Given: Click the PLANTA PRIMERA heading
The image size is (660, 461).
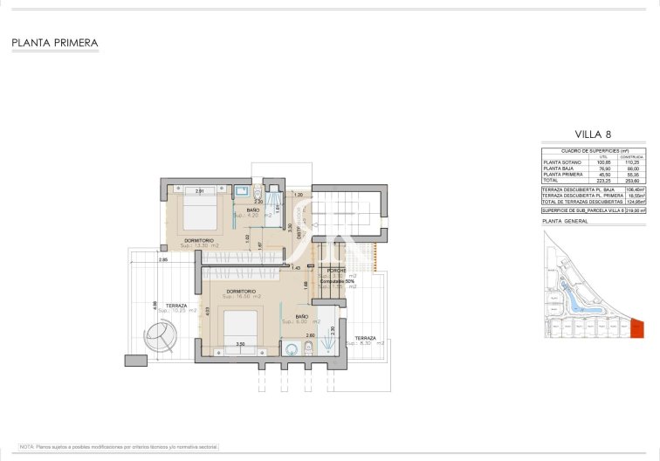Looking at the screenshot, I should click(55, 42).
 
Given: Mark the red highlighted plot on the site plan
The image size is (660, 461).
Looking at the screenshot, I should click(636, 328).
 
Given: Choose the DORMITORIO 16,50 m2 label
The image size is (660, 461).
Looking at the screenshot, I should click(240, 293).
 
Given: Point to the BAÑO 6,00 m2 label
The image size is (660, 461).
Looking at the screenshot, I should click(302, 319).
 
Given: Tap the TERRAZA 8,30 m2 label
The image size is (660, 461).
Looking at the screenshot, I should click(365, 340).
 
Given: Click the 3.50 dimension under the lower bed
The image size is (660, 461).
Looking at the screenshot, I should click(241, 345).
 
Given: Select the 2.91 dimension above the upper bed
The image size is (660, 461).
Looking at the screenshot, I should click(200, 190).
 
